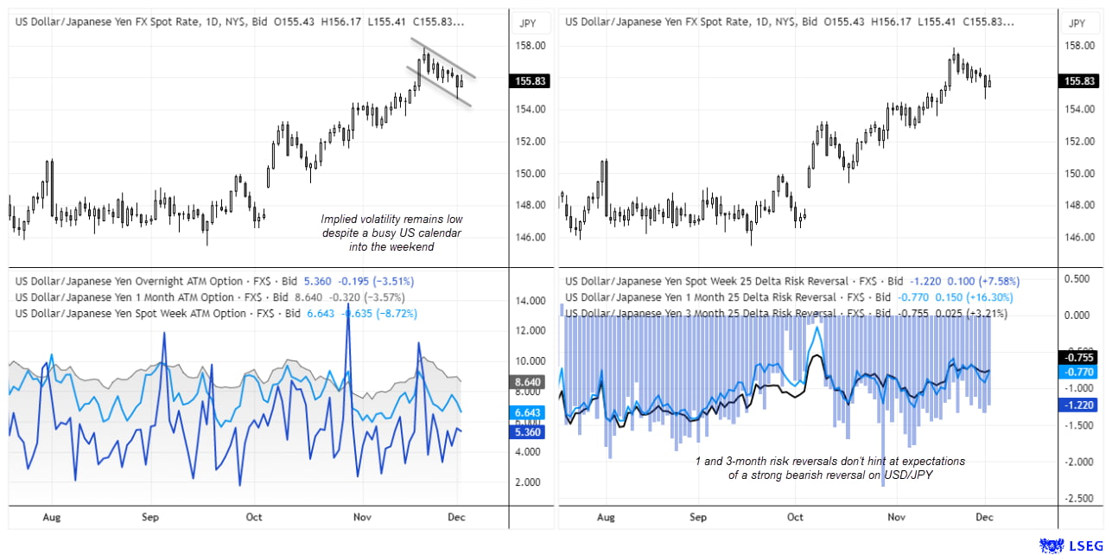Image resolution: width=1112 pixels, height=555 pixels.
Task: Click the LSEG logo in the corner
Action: (1071, 545)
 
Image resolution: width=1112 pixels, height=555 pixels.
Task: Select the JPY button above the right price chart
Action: (1077, 23)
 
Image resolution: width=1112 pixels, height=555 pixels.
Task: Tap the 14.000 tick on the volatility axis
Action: (529, 301)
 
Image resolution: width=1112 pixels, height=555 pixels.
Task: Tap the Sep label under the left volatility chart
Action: (150, 517)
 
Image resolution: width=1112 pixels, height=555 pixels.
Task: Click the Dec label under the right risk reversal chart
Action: (983, 517)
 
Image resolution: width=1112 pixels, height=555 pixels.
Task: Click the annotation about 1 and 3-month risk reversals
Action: (829, 468)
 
